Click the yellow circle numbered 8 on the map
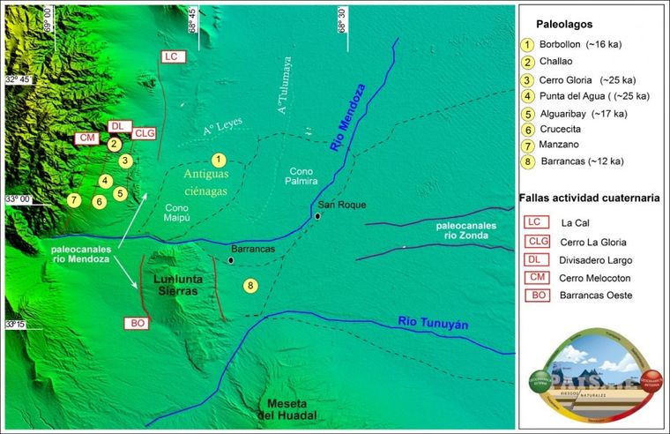pyautogui.click(x=251, y=286)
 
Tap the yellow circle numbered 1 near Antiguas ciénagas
pyautogui.click(x=219, y=160)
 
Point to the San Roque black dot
pyautogui.click(x=317, y=215)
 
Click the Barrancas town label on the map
pyautogui.click(x=254, y=250)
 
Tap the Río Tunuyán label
pyautogui.click(x=432, y=324)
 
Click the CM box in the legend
pyautogui.click(x=533, y=277)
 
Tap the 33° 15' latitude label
pyautogui.click(x=19, y=325)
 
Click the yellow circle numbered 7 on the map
pyautogui.click(x=74, y=200)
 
